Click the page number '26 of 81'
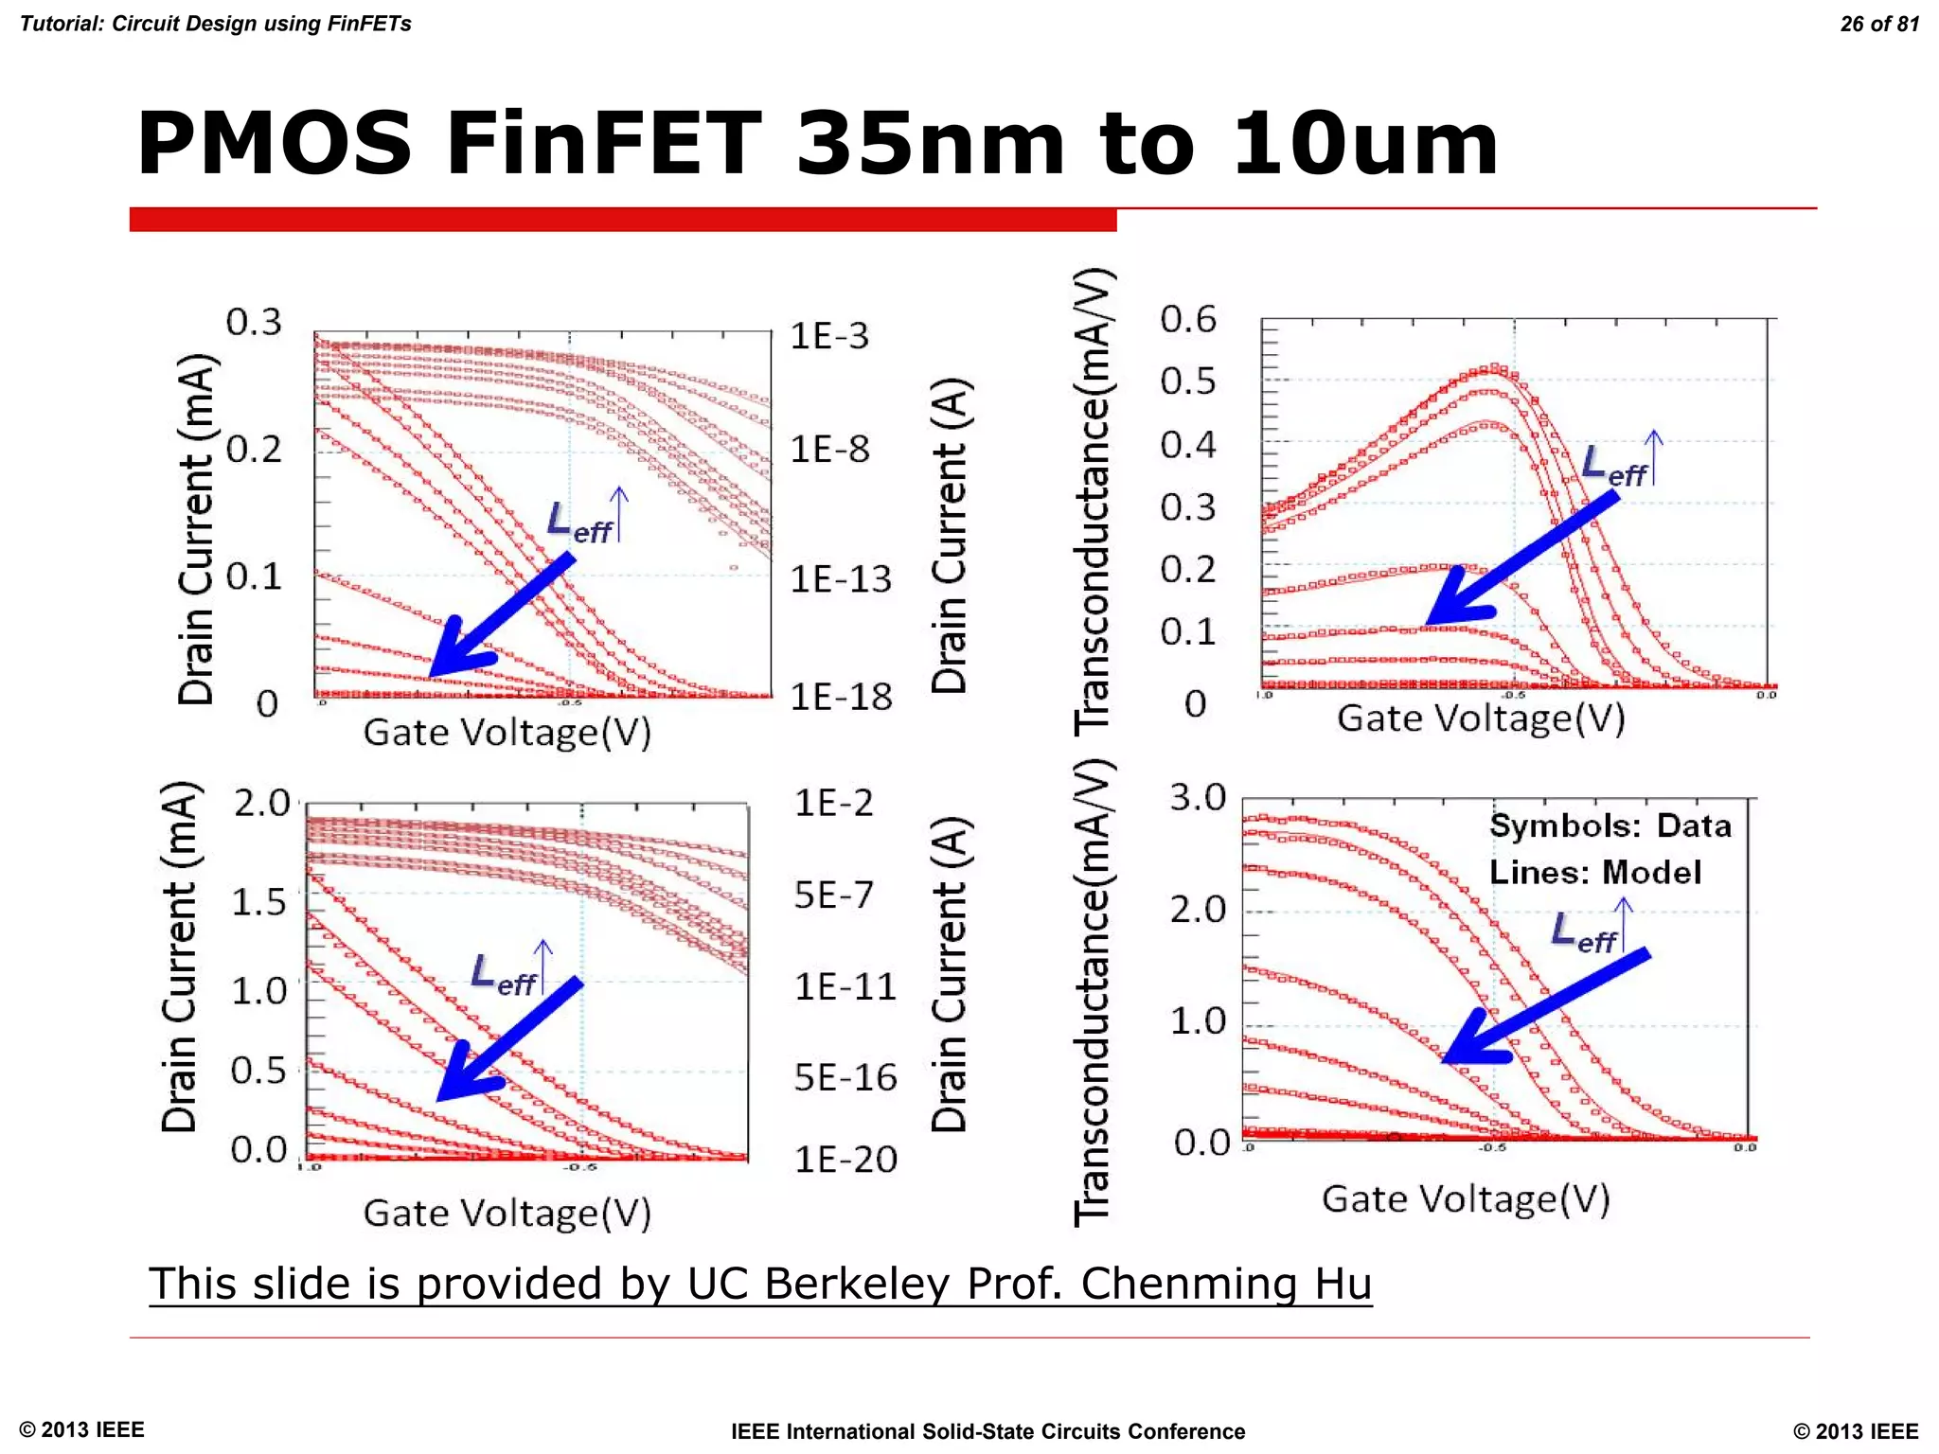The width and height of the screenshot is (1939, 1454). click(x=1878, y=24)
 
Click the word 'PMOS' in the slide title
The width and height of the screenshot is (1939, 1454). click(x=275, y=144)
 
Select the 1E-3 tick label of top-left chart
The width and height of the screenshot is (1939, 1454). click(x=828, y=336)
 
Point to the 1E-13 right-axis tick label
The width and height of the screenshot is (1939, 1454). click(x=841, y=578)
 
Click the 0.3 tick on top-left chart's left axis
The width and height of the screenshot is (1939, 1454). click(x=254, y=323)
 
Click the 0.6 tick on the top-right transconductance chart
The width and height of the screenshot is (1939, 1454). click(x=1188, y=319)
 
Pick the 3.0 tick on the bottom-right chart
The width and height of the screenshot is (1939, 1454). click(x=1198, y=797)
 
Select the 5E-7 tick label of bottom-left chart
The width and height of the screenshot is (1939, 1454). click(x=833, y=895)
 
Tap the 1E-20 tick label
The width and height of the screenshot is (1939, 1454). click(x=845, y=1160)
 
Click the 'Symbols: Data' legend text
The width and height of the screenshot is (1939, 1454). click(x=1610, y=825)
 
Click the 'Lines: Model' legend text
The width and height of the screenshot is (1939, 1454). click(x=1595, y=872)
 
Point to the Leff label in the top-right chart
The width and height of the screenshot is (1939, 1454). click(x=1614, y=466)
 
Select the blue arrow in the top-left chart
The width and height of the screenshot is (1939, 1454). click(x=502, y=615)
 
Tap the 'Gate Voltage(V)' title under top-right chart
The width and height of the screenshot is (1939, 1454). click(x=1481, y=718)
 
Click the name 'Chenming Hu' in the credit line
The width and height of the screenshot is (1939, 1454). click(x=1226, y=1284)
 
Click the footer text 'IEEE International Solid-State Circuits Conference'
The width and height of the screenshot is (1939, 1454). click(x=987, y=1431)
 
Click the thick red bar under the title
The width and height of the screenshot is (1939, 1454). click(x=623, y=220)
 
